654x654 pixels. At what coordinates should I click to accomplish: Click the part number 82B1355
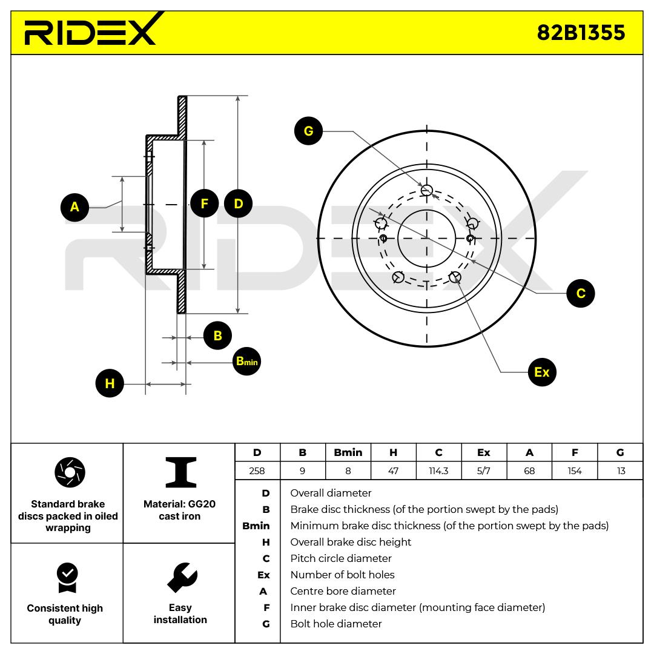[x=581, y=33]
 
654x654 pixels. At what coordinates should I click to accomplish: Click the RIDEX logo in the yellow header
[x=93, y=29]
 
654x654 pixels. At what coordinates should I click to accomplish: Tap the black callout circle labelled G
[x=308, y=131]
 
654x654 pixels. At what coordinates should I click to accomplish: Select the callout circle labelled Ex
[x=542, y=372]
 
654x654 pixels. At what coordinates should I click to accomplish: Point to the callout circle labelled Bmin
[x=246, y=361]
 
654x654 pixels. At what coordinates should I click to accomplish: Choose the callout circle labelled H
[x=110, y=383]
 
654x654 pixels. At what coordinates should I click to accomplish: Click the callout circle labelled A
[x=74, y=207]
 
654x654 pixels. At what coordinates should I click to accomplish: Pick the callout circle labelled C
[x=581, y=293]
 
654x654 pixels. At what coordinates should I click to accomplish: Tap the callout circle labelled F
[x=205, y=203]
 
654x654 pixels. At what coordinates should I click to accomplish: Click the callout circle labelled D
[x=238, y=203]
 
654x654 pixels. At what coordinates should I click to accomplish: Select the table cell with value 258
[x=257, y=471]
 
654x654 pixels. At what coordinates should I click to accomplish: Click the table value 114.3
[x=438, y=471]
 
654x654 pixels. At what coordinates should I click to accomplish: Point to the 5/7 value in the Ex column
[x=483, y=471]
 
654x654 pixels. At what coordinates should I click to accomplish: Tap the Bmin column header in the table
[x=348, y=452]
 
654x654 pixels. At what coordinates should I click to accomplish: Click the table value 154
[x=574, y=471]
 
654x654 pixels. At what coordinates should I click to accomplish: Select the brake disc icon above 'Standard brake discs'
[x=70, y=472]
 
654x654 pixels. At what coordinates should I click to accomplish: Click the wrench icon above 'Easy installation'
[x=182, y=577]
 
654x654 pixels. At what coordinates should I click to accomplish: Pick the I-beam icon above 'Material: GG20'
[x=180, y=472]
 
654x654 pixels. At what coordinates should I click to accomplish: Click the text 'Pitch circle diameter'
[x=341, y=558]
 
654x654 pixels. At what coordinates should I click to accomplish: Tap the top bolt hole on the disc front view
[x=426, y=191]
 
